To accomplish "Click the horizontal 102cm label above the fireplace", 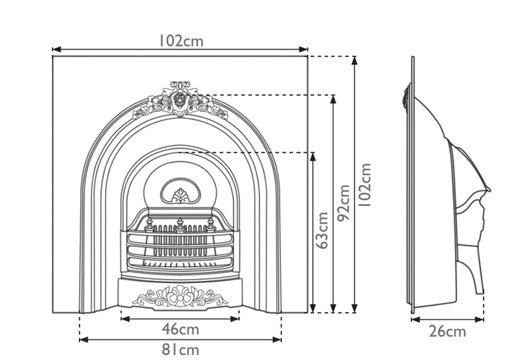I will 181,41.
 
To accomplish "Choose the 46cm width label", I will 181,329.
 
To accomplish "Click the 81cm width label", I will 181,349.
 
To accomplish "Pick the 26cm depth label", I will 447,331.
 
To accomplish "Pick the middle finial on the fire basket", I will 181,224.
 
